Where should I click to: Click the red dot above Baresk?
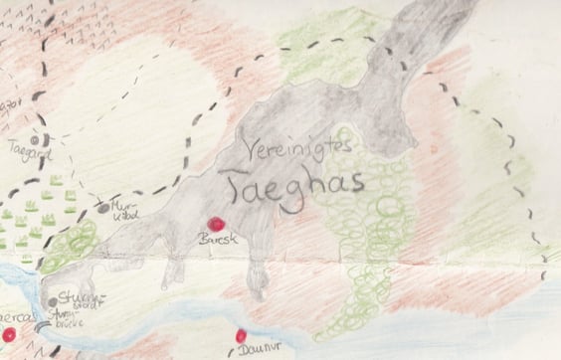[214, 225]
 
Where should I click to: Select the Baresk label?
[217, 242]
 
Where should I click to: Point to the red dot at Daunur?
[240, 336]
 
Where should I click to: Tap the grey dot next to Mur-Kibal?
[104, 208]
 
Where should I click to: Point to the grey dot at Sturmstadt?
[53, 301]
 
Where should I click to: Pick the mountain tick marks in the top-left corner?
[90, 30]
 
